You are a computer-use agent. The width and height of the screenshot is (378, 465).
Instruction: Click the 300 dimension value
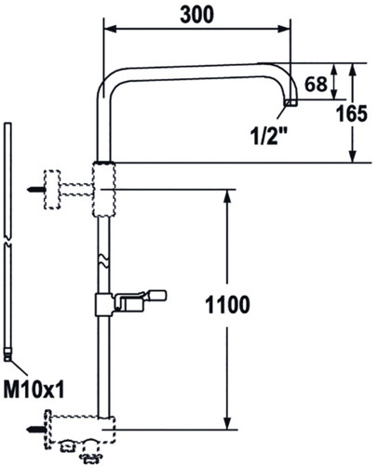[x=196, y=15]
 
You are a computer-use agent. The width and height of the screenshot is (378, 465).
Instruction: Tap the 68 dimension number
[x=316, y=84]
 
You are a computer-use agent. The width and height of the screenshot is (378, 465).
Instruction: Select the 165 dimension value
[x=352, y=113]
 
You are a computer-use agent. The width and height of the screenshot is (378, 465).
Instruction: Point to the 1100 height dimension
[x=227, y=305]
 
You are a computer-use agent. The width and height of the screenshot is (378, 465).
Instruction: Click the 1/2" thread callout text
[x=269, y=136]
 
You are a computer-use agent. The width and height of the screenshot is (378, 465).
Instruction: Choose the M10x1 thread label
[x=34, y=390]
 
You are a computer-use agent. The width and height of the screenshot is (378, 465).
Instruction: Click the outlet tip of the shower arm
[x=291, y=103]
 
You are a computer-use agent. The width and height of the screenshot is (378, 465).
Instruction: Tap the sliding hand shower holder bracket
[x=130, y=303]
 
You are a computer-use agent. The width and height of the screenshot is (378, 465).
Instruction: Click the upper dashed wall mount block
[x=52, y=190]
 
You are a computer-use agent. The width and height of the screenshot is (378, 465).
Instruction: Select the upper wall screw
[x=36, y=190]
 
